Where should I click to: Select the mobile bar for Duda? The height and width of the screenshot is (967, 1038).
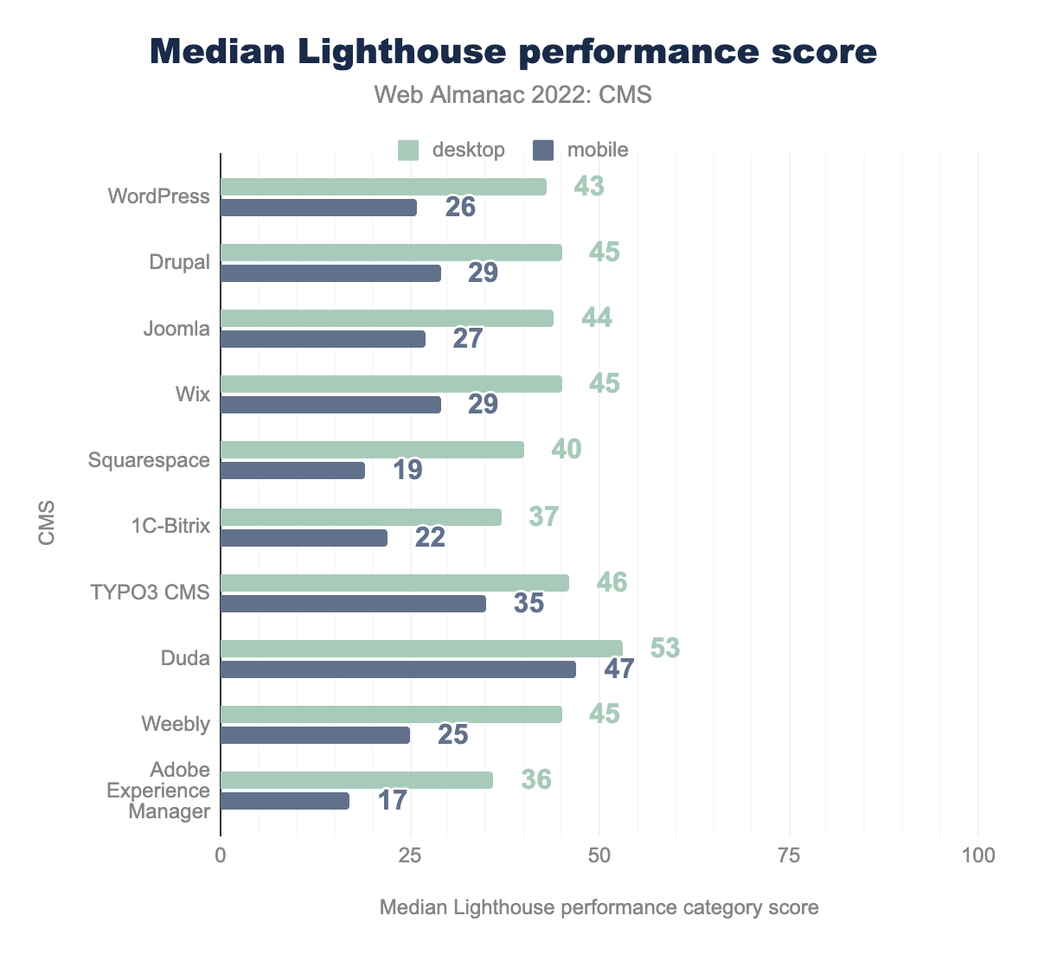pyautogui.click(x=398, y=669)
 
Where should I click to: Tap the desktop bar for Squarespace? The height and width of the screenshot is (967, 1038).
pyautogui.click(x=372, y=450)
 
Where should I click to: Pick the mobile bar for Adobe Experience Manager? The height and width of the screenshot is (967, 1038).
pyautogui.click(x=285, y=801)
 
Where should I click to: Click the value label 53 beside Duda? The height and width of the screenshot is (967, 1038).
pyautogui.click(x=665, y=648)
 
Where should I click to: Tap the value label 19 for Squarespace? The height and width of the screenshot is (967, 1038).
pyautogui.click(x=407, y=470)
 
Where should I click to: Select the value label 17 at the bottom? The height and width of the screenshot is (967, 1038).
pyautogui.click(x=392, y=800)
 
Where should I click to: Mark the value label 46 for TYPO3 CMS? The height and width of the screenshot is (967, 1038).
pyautogui.click(x=612, y=582)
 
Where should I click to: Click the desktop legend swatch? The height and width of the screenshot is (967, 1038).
pyautogui.click(x=408, y=150)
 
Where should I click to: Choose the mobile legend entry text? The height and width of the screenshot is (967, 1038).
pyautogui.click(x=598, y=150)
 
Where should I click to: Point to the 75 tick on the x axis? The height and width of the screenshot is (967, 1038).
pyautogui.click(x=789, y=855)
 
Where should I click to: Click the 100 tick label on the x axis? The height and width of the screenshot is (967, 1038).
pyautogui.click(x=977, y=855)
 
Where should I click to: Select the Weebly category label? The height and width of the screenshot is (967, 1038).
pyautogui.click(x=176, y=724)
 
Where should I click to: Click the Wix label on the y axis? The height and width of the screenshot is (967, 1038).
pyautogui.click(x=192, y=394)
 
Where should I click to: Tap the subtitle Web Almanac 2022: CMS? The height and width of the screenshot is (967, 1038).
pyautogui.click(x=513, y=94)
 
